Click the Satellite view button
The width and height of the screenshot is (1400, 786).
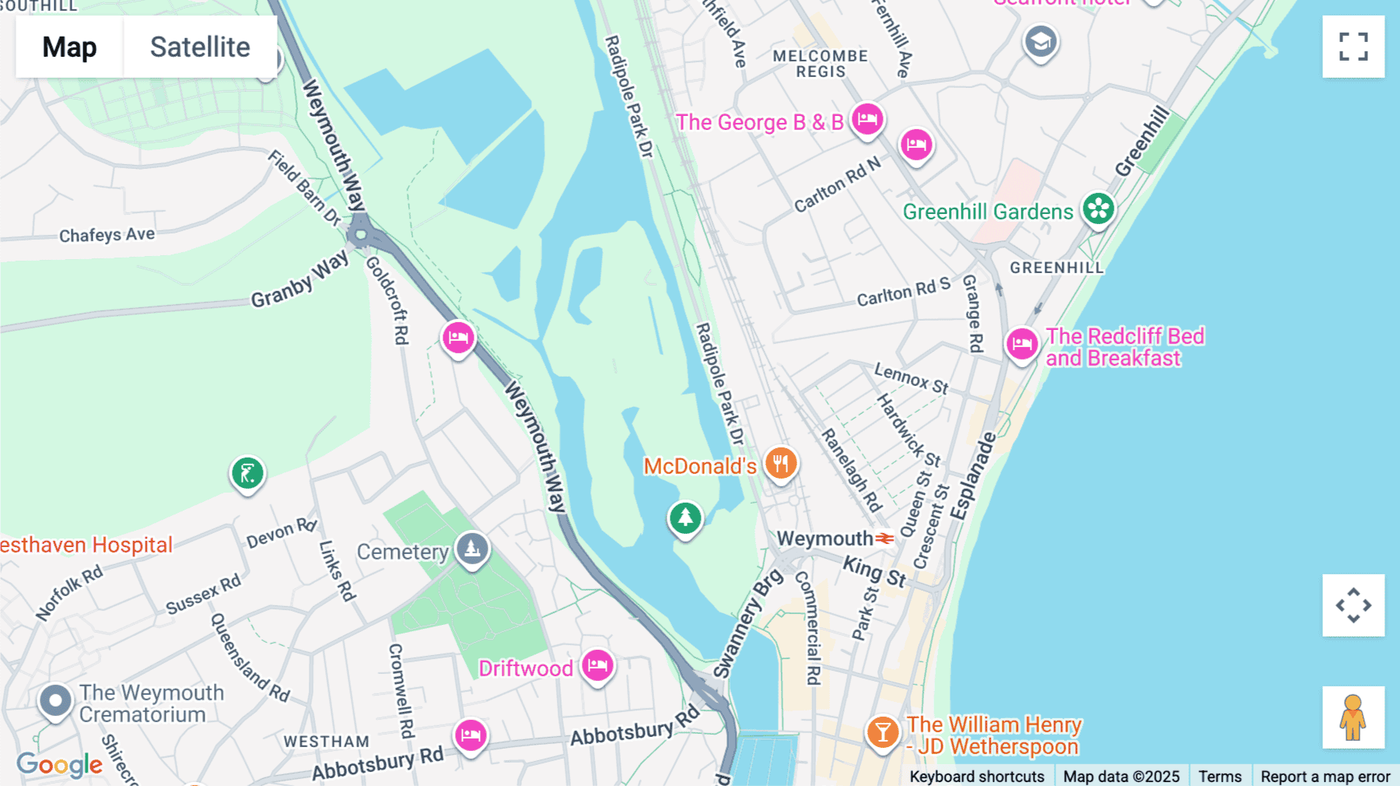pos(200,47)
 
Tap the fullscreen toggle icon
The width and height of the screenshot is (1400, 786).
pos(1353,47)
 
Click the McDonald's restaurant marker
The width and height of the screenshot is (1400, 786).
pos(781,463)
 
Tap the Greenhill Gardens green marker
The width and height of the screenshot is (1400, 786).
pos(1098,208)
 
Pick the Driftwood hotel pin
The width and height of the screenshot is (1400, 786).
pos(597,665)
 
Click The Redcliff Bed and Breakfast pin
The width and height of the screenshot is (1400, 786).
pos(1022,343)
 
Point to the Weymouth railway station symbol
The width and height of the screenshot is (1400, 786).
pos(884,538)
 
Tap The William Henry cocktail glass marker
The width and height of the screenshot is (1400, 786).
pos(883,732)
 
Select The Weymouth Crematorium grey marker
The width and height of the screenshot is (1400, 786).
pos(55,700)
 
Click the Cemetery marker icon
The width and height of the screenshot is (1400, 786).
pos(472,548)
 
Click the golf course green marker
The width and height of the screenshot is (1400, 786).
pos(247,472)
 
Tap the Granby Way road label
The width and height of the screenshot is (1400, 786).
pos(299,280)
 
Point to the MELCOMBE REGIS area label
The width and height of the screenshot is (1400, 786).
pos(820,64)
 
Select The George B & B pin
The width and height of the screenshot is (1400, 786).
pos(866,119)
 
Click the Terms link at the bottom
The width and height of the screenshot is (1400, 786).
pos(1220,776)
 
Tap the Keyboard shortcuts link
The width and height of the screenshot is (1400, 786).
pos(977,776)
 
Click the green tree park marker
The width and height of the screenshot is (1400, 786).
pos(685,517)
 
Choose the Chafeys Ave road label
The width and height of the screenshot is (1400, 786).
pos(107,234)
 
